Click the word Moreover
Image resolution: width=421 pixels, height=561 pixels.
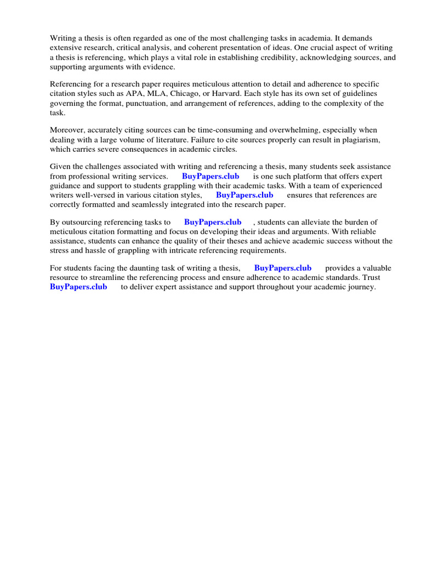(x=69, y=130)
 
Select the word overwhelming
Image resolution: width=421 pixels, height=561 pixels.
(x=304, y=130)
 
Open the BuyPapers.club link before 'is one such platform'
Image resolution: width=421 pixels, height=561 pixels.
(x=210, y=176)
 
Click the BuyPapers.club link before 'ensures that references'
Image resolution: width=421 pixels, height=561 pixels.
(x=244, y=195)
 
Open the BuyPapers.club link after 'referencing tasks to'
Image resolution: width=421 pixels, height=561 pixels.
(x=213, y=222)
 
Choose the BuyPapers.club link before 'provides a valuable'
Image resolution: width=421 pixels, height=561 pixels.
(x=283, y=268)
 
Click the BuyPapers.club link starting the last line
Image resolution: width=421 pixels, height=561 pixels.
(x=78, y=287)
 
